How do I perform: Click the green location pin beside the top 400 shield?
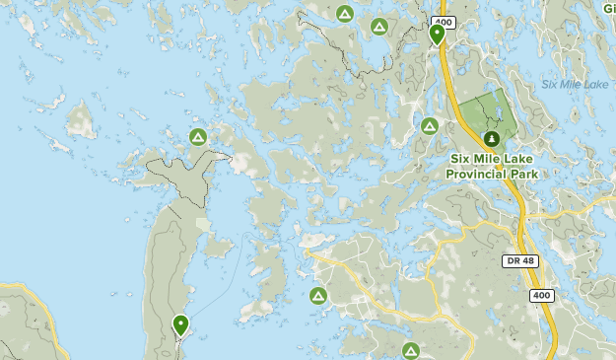(x=437, y=35)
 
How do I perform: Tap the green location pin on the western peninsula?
(x=180, y=324)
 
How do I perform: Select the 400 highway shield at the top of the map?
(x=444, y=21)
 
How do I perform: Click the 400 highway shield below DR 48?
(x=541, y=295)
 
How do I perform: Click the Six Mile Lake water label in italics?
(x=575, y=85)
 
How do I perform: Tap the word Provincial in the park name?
(x=476, y=174)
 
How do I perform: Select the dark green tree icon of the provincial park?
(x=491, y=138)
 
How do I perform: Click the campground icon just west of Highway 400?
(x=429, y=126)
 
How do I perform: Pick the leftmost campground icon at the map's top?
(x=344, y=14)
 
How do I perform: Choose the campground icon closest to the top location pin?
(x=378, y=27)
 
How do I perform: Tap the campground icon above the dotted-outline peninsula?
(x=197, y=136)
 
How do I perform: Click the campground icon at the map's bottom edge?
(x=411, y=350)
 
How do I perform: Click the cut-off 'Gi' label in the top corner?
(x=607, y=8)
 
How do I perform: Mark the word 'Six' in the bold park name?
(x=462, y=159)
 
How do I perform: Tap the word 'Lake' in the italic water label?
(x=594, y=85)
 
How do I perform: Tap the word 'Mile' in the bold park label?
(x=491, y=159)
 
